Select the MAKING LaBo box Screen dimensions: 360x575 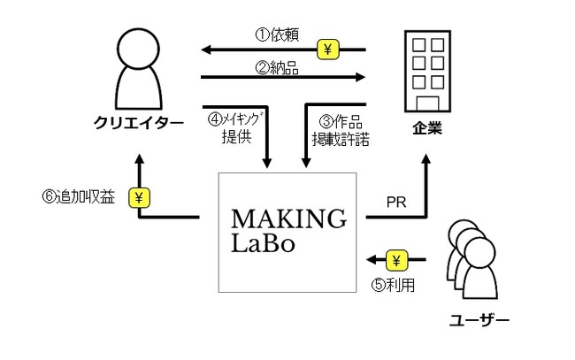click(x=287, y=232)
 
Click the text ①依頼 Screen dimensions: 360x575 click(x=276, y=36)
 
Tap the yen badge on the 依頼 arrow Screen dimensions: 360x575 click(x=327, y=50)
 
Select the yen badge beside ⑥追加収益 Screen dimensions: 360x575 click(x=138, y=197)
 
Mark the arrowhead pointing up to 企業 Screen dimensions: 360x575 click(x=425, y=161)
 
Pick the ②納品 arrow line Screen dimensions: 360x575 click(x=283, y=77)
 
